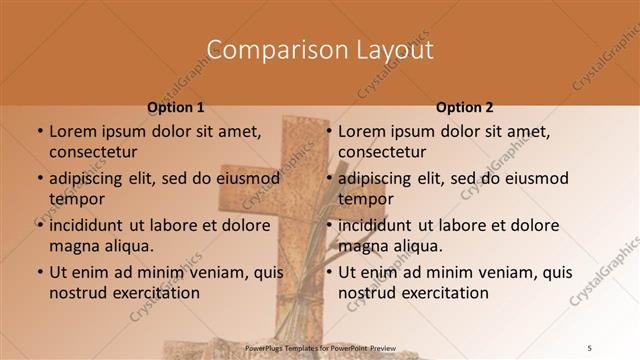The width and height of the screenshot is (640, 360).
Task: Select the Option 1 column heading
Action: [176, 107]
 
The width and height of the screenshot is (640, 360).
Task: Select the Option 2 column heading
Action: [465, 107]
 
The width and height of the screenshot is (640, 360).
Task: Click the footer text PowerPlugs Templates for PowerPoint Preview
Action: [321, 348]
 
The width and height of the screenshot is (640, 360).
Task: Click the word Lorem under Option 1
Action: [74, 131]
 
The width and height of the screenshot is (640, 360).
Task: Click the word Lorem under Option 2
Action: [363, 131]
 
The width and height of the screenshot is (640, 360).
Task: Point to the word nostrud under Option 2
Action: [366, 293]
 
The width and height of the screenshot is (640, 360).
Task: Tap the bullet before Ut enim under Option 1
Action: [40, 272]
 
